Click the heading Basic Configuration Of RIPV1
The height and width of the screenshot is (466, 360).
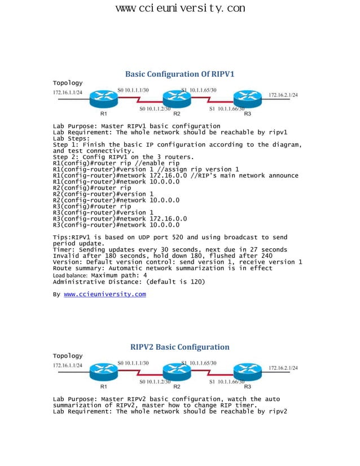(179, 74)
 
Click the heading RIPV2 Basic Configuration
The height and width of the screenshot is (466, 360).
(179, 347)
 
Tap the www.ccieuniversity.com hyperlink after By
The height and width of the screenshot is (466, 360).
(104, 294)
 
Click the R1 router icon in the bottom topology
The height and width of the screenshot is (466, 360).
(103, 372)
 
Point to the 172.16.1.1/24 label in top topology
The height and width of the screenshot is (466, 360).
(68, 92)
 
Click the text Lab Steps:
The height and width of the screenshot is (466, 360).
(71, 138)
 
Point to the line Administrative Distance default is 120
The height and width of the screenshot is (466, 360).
(129, 282)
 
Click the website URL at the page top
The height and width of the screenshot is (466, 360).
(180, 8)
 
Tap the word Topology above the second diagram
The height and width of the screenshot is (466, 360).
(67, 356)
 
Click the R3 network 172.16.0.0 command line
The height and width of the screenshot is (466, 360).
(120, 218)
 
